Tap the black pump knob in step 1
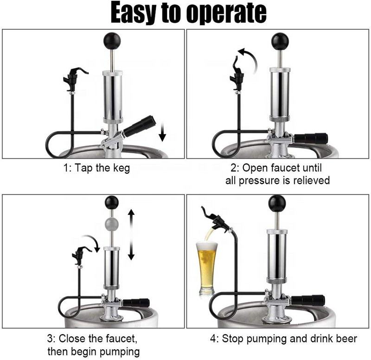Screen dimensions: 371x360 112,40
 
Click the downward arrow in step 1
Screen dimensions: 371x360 162,133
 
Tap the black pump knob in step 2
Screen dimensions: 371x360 280,41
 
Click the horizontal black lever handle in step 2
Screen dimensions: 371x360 311,138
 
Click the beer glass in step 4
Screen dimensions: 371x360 206,268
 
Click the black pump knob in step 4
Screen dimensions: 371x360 277,202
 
